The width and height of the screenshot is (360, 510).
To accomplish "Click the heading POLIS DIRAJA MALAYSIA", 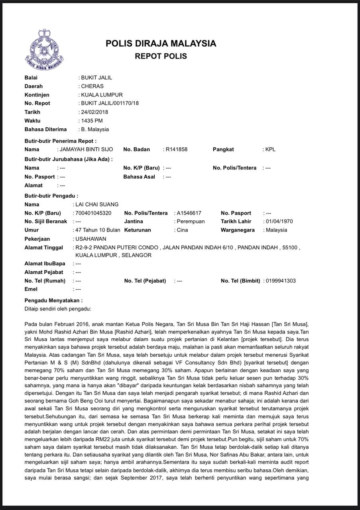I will (161, 43).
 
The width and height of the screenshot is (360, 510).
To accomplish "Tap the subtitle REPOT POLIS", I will (161, 56).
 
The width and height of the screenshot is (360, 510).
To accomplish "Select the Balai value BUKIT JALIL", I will (96, 78).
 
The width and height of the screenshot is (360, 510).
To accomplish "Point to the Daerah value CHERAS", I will (92, 86).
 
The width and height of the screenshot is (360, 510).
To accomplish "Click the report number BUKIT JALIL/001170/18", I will (110, 103).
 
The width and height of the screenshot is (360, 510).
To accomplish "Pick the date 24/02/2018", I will (94, 112).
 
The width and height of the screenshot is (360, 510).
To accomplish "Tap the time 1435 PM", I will (92, 121).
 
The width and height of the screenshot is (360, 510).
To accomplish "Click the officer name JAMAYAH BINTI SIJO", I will (86, 149).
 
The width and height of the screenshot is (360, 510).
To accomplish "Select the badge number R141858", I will (177, 149).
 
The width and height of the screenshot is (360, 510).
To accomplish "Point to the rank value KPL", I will (271, 149).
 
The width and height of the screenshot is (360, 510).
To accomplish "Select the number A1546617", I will (189, 213).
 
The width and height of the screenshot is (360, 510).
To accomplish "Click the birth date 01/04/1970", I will (280, 221).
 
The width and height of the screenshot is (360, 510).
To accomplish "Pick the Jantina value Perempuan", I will (190, 221).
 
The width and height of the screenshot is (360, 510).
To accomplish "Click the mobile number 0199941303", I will (281, 281).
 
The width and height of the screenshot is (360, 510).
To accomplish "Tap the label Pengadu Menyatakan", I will (54, 300).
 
